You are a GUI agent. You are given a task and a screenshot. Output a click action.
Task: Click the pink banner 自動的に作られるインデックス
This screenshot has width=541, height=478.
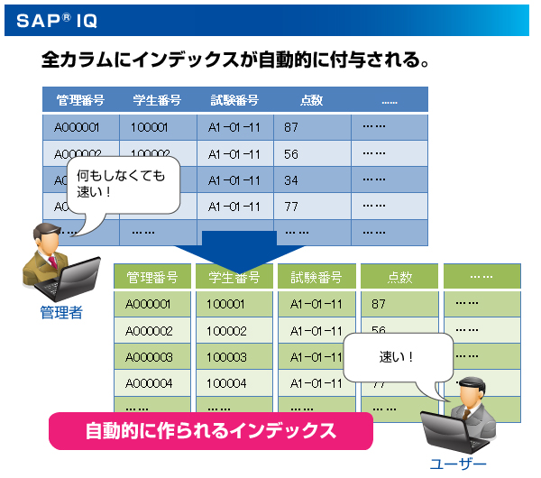(x=210, y=430)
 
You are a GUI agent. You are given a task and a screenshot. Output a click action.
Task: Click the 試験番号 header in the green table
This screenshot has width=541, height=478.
(x=316, y=277)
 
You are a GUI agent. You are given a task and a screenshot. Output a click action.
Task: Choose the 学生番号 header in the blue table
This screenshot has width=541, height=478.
(x=157, y=100)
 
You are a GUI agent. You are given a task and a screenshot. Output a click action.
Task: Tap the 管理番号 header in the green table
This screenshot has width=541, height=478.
(x=152, y=277)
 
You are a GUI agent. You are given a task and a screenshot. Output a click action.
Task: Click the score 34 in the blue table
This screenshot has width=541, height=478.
(x=290, y=180)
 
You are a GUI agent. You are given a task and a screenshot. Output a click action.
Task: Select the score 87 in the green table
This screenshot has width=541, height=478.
(x=378, y=304)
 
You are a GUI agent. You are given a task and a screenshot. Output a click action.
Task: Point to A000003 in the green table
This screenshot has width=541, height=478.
(x=150, y=357)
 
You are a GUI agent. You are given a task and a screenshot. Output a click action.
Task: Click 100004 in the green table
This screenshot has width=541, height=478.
(x=225, y=383)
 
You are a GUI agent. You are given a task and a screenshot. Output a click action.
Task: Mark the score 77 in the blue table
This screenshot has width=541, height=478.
(x=290, y=207)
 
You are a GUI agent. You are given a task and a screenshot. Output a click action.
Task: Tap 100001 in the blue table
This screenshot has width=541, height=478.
(x=150, y=127)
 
